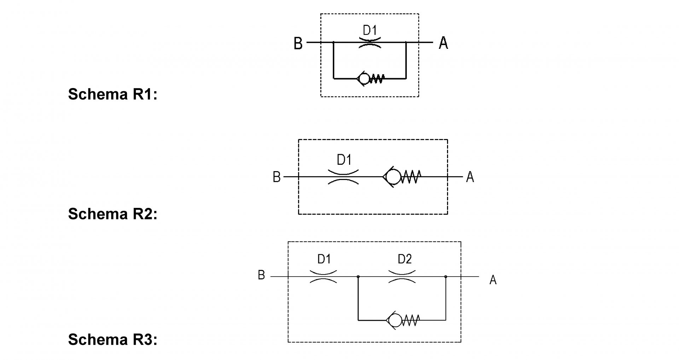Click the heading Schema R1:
click(x=112, y=94)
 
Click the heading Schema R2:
click(x=112, y=214)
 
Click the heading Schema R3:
click(x=112, y=339)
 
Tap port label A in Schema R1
click(x=443, y=43)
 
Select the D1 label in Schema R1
click(x=370, y=30)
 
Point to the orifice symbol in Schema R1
click(x=370, y=42)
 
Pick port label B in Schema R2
click(x=277, y=177)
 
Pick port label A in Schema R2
click(x=470, y=176)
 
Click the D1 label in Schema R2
click(x=344, y=160)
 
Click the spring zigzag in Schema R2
click(x=411, y=176)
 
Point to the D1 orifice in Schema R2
click(x=343, y=176)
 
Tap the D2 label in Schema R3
click(x=404, y=259)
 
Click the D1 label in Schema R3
click(x=324, y=259)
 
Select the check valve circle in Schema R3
click(x=395, y=320)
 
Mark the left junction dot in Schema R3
click(x=358, y=277)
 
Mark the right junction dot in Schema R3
click(x=446, y=277)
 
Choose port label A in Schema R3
click(x=493, y=280)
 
